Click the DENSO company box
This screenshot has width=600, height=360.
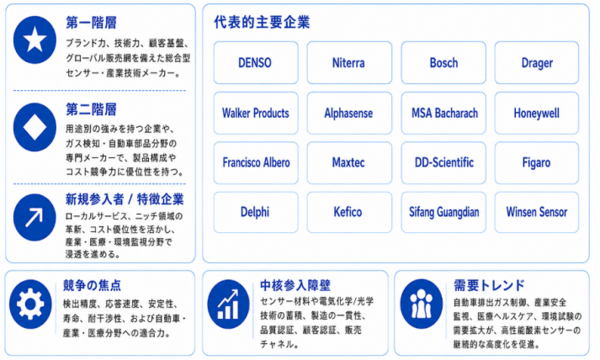(256, 63)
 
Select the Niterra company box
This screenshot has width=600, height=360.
(349, 63)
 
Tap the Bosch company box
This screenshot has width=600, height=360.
(443, 63)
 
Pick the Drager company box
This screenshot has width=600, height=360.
(537, 63)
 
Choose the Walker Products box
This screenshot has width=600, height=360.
(256, 113)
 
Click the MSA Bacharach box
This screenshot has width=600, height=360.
(443, 113)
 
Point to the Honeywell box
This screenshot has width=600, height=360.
(537, 113)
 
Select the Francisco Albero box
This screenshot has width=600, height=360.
(256, 162)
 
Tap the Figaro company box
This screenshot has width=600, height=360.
(537, 162)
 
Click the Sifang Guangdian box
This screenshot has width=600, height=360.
(443, 212)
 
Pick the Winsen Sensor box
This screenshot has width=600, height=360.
(537, 212)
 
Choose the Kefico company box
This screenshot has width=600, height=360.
(349, 212)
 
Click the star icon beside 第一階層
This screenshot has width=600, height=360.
(35, 40)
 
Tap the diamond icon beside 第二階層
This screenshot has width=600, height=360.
(35, 127)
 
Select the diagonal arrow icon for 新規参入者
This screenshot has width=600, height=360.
(35, 217)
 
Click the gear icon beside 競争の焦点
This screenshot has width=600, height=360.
(30, 304)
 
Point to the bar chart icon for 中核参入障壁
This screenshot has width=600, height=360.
(228, 304)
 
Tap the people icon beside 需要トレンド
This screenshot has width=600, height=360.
(422, 304)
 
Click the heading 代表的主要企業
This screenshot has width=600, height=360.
(262, 22)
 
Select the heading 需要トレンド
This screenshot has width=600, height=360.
(489, 285)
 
